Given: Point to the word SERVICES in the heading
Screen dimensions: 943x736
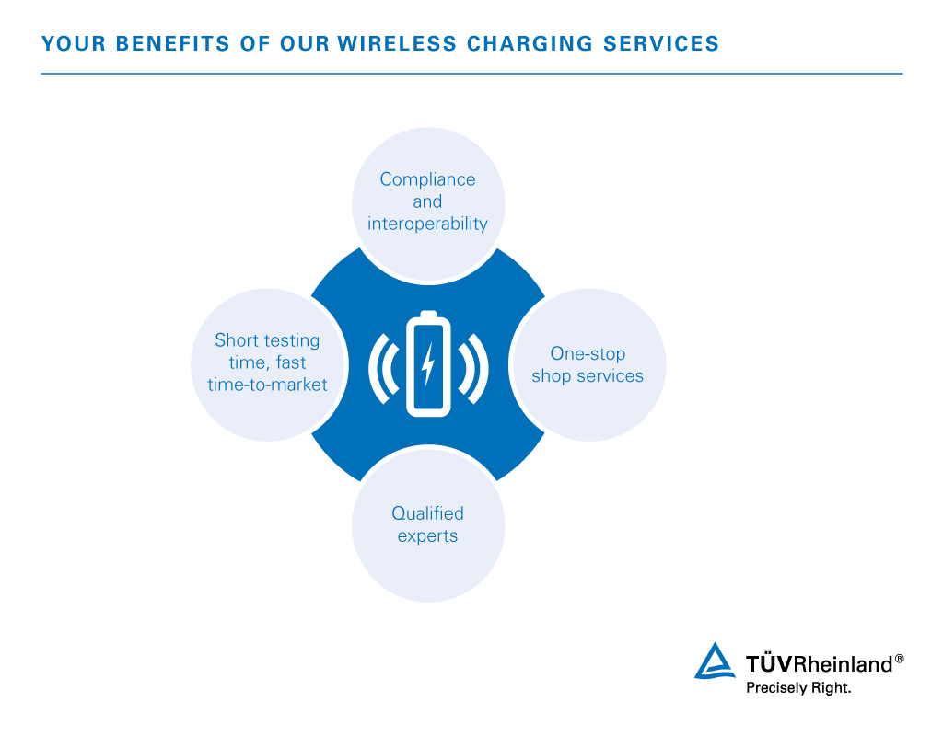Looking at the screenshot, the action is tap(661, 44).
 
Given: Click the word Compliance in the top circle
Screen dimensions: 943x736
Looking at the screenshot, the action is tap(427, 179).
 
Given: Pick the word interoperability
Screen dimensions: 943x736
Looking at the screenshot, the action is tap(427, 224).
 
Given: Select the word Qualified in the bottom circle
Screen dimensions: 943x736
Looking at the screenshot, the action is tap(427, 513).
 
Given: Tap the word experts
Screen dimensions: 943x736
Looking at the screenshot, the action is tap(427, 536).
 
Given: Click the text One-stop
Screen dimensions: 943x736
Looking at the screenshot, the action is tap(588, 354).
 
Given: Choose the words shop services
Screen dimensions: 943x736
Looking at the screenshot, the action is tap(588, 376).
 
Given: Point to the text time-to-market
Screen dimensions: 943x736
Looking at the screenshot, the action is tap(268, 385).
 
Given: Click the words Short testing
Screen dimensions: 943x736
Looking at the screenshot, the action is tap(268, 340).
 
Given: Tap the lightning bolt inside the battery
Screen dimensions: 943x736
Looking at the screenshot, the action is tap(427, 364).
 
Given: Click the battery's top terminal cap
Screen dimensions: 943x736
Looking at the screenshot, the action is tap(428, 315).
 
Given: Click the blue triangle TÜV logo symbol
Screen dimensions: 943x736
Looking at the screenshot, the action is tap(715, 661).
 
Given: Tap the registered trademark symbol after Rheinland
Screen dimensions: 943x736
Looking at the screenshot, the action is tap(899, 659).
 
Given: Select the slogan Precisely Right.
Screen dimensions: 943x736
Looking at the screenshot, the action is tap(798, 688).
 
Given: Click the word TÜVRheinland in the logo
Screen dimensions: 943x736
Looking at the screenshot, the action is tap(819, 664).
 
